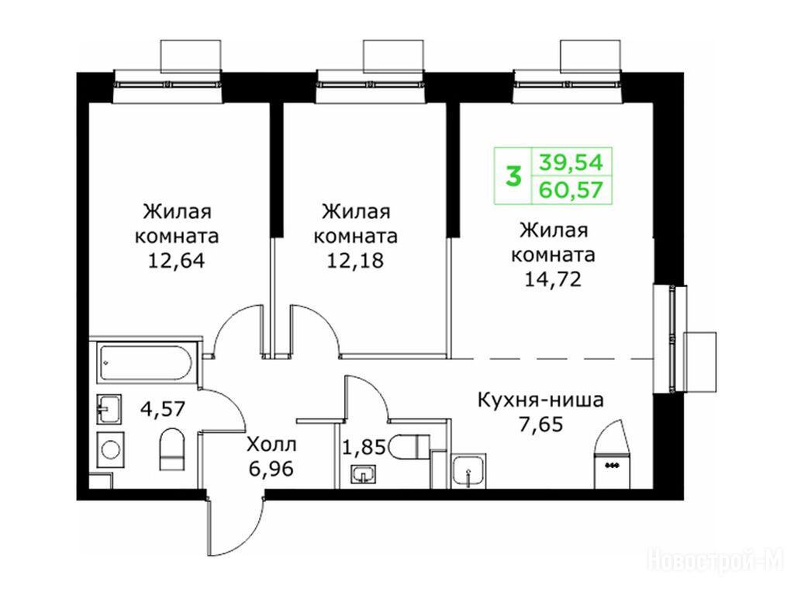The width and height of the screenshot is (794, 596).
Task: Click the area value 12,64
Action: pyautogui.click(x=176, y=261)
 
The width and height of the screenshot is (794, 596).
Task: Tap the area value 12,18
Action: pyautogui.click(x=355, y=261)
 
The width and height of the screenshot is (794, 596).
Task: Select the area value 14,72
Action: pyautogui.click(x=552, y=279)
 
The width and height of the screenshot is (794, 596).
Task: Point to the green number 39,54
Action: pyautogui.click(x=571, y=163)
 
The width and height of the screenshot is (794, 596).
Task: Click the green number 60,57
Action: pyautogui.click(x=571, y=190)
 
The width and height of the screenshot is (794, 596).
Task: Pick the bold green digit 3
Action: pyautogui.click(x=514, y=177)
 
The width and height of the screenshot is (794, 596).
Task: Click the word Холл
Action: pyautogui.click(x=271, y=445)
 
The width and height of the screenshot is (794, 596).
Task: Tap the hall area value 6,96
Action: pyautogui.click(x=271, y=469)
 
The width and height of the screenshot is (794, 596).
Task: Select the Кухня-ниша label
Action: pyautogui.click(x=540, y=400)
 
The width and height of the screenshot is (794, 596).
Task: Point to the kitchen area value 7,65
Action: pyautogui.click(x=540, y=424)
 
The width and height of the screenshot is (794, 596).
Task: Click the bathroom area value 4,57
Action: pyautogui.click(x=164, y=408)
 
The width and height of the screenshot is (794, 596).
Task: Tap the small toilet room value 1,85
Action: pyautogui.click(x=364, y=448)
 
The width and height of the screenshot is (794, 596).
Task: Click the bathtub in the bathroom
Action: pyautogui.click(x=146, y=362)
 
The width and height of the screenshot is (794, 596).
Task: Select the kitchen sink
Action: pyautogui.click(x=469, y=471)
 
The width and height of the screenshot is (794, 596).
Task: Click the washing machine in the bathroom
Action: pyautogui.click(x=110, y=449)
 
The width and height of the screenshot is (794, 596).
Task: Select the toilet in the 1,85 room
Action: pyautogui.click(x=411, y=446)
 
